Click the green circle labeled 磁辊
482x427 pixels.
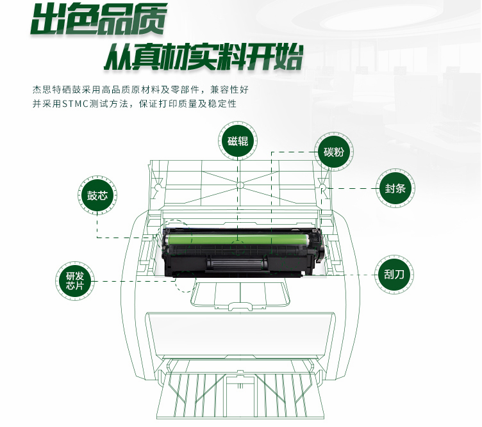pos(238,141)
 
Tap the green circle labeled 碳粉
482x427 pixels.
pos(334,152)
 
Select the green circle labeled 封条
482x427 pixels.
pos(395,188)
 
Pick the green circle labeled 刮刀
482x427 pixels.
pos(394,274)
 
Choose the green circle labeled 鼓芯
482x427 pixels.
pos(97,195)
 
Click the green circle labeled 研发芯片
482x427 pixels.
pos(75,281)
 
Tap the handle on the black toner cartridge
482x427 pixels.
pos(237,264)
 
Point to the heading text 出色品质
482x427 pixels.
pos(99,19)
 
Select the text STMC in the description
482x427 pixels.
pos(76,104)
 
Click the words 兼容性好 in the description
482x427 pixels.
pos(229,90)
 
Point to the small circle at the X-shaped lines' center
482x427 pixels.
pos(240,185)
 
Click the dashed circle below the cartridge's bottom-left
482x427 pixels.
pos(186,282)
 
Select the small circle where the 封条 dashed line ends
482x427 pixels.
pos(323,187)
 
